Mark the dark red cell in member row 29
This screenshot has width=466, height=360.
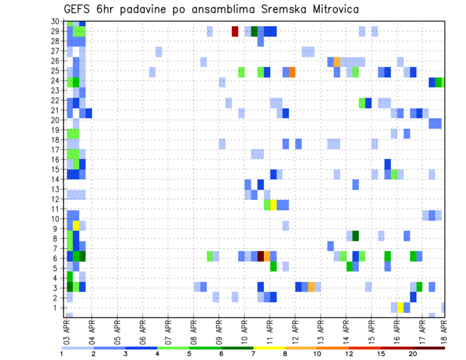pyautogui.click(x=235, y=32)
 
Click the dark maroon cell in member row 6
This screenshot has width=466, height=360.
pyautogui.click(x=261, y=256)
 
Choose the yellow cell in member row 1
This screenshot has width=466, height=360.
pyautogui.click(x=400, y=308)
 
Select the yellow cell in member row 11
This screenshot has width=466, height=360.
pyautogui.click(x=273, y=205)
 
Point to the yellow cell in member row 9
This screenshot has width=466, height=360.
pyautogui.click(x=76, y=226)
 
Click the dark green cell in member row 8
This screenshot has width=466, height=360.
pyautogui.click(x=355, y=236)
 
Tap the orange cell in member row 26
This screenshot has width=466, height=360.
pyautogui.click(x=337, y=62)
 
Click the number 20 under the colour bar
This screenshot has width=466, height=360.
pyautogui.click(x=413, y=354)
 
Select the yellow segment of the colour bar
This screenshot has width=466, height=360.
pyautogui.click(x=269, y=348)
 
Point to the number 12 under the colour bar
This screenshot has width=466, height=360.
pyautogui.click(x=349, y=354)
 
